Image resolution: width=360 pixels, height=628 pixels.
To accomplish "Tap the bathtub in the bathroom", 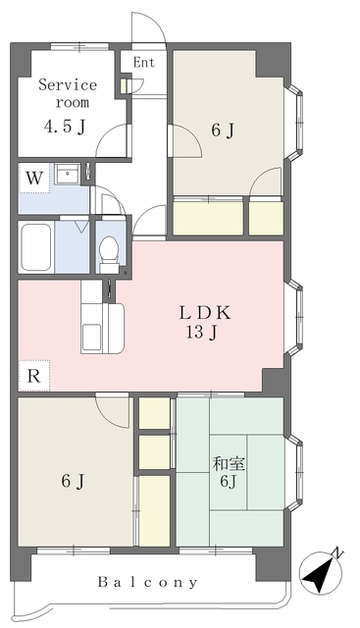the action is [36, 246].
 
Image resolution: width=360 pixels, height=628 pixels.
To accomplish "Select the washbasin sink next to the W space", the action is [68, 174].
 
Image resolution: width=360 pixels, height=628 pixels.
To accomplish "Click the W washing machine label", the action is [34, 179].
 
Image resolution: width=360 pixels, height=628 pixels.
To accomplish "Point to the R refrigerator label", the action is [33, 376].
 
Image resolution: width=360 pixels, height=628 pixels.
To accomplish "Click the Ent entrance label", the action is [144, 63].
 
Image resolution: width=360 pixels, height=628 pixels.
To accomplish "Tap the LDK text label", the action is [205, 313].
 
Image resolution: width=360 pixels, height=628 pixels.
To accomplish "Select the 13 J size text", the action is [201, 332].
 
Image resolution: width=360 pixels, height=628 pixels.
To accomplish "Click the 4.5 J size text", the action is [65, 127].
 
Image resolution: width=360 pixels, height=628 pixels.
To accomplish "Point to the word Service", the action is [68, 85].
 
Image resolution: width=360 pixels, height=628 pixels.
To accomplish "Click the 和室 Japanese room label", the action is [229, 464].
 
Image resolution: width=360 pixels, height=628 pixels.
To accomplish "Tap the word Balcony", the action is [148, 582].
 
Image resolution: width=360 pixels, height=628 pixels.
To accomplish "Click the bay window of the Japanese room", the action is [294, 473].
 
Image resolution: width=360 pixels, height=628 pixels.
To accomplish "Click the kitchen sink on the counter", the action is [91, 332].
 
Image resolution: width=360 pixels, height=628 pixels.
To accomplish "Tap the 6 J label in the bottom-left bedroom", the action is [73, 481].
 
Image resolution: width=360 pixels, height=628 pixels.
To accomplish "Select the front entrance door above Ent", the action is [148, 26].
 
